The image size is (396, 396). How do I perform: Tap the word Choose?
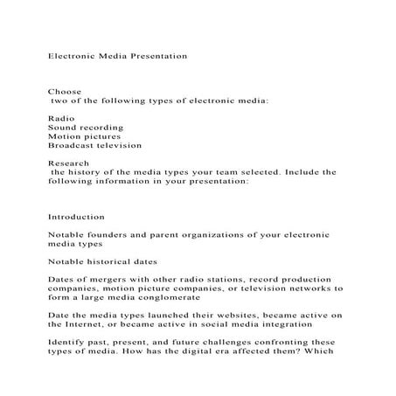(62, 91)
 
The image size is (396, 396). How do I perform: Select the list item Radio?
(61, 118)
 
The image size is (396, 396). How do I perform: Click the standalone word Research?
(67, 163)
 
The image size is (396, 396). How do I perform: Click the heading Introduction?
(77, 217)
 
